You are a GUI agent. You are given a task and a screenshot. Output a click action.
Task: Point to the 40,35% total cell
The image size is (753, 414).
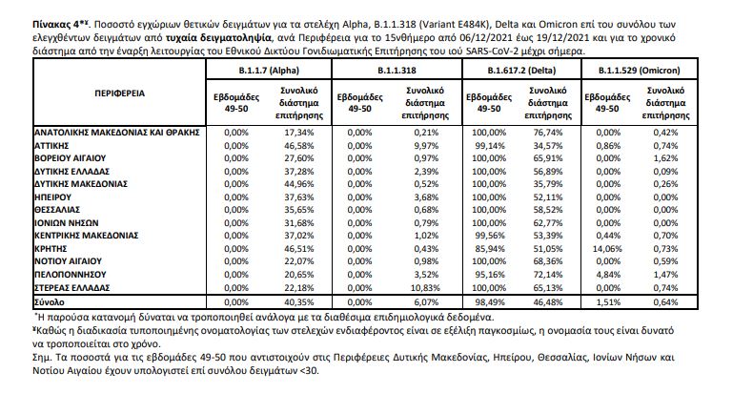click(x=298, y=300)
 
